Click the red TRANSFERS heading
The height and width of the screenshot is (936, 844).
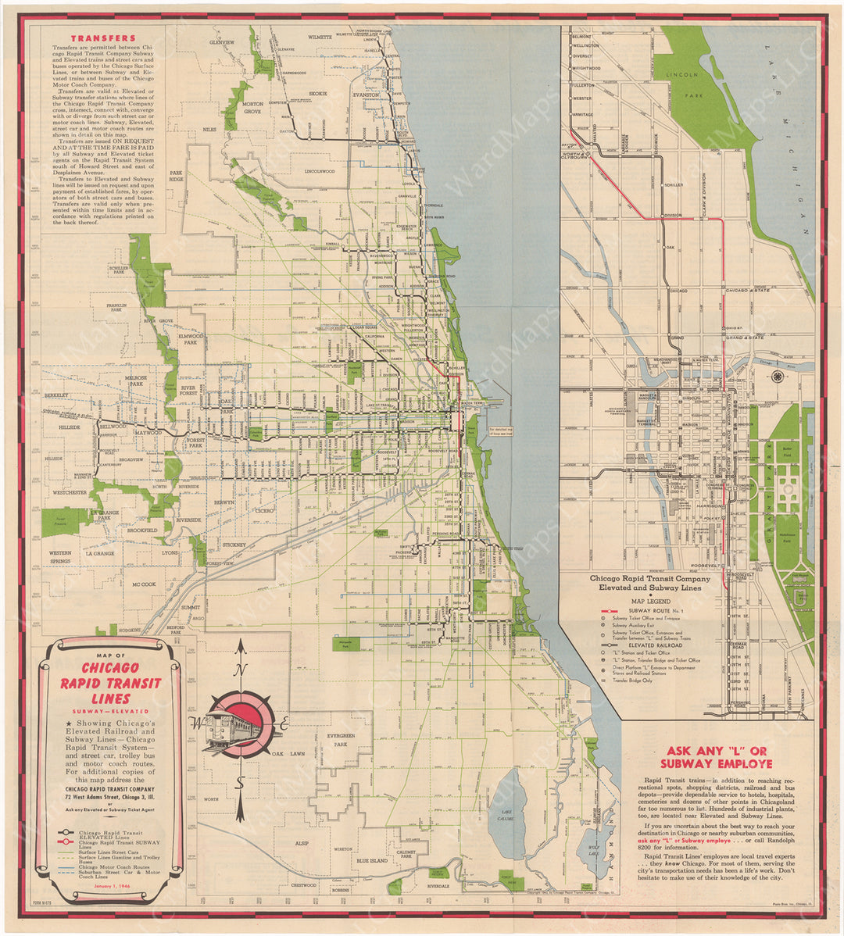103,38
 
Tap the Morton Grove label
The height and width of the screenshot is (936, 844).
252,108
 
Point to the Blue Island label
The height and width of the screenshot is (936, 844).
372,861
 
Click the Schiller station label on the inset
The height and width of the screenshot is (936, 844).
674,185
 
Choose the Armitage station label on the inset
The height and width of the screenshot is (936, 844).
582,114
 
